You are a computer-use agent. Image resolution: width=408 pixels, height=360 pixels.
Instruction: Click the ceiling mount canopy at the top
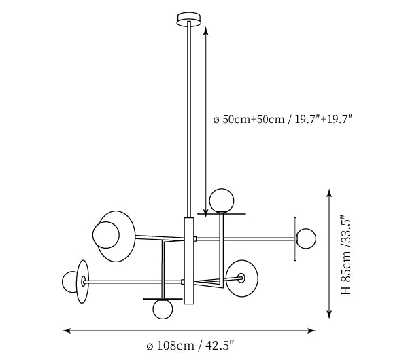[x=189, y=19]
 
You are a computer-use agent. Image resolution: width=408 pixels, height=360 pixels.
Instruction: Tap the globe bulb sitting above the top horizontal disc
[x=222, y=200]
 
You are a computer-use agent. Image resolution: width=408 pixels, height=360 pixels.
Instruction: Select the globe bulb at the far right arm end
[x=306, y=238]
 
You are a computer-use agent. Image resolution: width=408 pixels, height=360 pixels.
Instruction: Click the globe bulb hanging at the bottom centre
[x=163, y=309]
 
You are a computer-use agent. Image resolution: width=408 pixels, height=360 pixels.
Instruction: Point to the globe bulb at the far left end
[x=69, y=282]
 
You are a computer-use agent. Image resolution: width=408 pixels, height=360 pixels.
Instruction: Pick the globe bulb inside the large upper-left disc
[x=106, y=235]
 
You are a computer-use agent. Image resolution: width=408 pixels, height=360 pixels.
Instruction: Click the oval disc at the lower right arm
[x=242, y=278]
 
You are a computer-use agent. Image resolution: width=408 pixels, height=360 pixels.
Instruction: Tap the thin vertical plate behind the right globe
[x=295, y=239]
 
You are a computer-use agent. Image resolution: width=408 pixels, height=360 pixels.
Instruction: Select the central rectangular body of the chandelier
[x=189, y=261]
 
